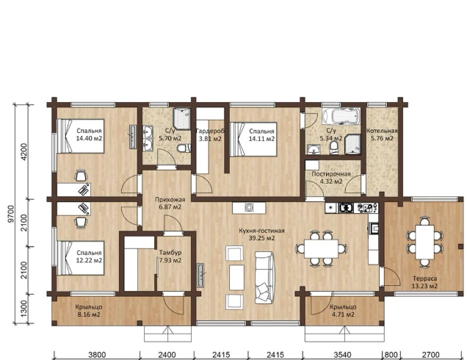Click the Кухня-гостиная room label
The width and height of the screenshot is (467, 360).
[x=261, y=231]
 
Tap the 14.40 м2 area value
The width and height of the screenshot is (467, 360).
[x=89, y=139]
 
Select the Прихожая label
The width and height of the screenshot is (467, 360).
[x=170, y=200]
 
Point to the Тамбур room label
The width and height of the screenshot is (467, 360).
[x=170, y=253]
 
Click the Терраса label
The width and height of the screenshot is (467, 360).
[x=424, y=278]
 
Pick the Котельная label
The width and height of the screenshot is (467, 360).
[x=382, y=131]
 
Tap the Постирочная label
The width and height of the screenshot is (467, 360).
[x=331, y=174]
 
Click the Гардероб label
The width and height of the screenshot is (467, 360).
[x=210, y=131]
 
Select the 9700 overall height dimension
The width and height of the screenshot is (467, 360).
[x=11, y=214]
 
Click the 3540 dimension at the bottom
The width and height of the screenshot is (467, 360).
[x=343, y=355]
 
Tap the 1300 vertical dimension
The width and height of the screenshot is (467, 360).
[x=23, y=309]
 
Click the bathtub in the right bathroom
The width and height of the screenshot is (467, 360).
[x=341, y=115]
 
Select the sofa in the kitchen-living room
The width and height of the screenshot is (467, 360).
[x=264, y=278]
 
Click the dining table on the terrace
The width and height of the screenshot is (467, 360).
[x=424, y=242]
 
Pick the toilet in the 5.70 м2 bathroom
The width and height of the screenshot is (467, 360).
[x=184, y=148]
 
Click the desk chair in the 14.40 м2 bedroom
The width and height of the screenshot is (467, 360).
[x=81, y=176]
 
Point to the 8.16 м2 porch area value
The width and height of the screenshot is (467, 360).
[x=89, y=314]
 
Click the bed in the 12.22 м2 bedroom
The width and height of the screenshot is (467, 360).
[x=81, y=258]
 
